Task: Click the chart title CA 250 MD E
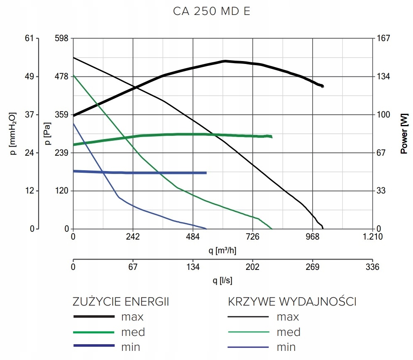[x=211, y=12]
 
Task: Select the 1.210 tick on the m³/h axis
[x=373, y=237]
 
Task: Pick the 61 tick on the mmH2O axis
[x=29, y=39]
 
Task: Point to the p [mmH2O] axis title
[x=14, y=133]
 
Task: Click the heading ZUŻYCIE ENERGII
[x=121, y=301]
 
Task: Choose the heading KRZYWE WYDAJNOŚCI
[x=292, y=301]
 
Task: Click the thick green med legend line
[x=94, y=332]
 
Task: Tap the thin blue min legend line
[x=248, y=347]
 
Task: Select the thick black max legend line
[x=94, y=317]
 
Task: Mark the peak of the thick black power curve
[x=225, y=61]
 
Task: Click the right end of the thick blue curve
[x=206, y=173]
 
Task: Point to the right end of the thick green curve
[x=271, y=136]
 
